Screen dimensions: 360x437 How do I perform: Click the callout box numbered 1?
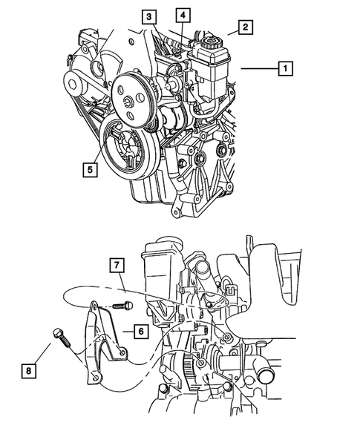285,68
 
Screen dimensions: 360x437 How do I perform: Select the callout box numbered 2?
246,27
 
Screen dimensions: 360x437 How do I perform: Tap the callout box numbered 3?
149,17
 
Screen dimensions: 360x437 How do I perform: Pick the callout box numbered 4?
183,15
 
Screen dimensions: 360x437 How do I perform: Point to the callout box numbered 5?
90,169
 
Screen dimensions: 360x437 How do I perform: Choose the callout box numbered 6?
141,332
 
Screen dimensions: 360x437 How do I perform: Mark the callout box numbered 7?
117,265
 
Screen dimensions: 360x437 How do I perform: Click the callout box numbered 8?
29,371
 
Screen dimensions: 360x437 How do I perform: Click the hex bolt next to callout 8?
62,338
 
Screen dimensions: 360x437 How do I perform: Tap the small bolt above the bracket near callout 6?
122,306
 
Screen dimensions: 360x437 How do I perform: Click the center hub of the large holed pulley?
129,102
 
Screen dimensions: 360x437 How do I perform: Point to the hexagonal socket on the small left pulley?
72,83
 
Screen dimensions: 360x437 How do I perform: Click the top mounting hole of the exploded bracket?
95,306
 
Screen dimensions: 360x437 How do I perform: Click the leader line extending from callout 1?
260,68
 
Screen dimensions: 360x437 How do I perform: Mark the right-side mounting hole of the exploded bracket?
122,353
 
